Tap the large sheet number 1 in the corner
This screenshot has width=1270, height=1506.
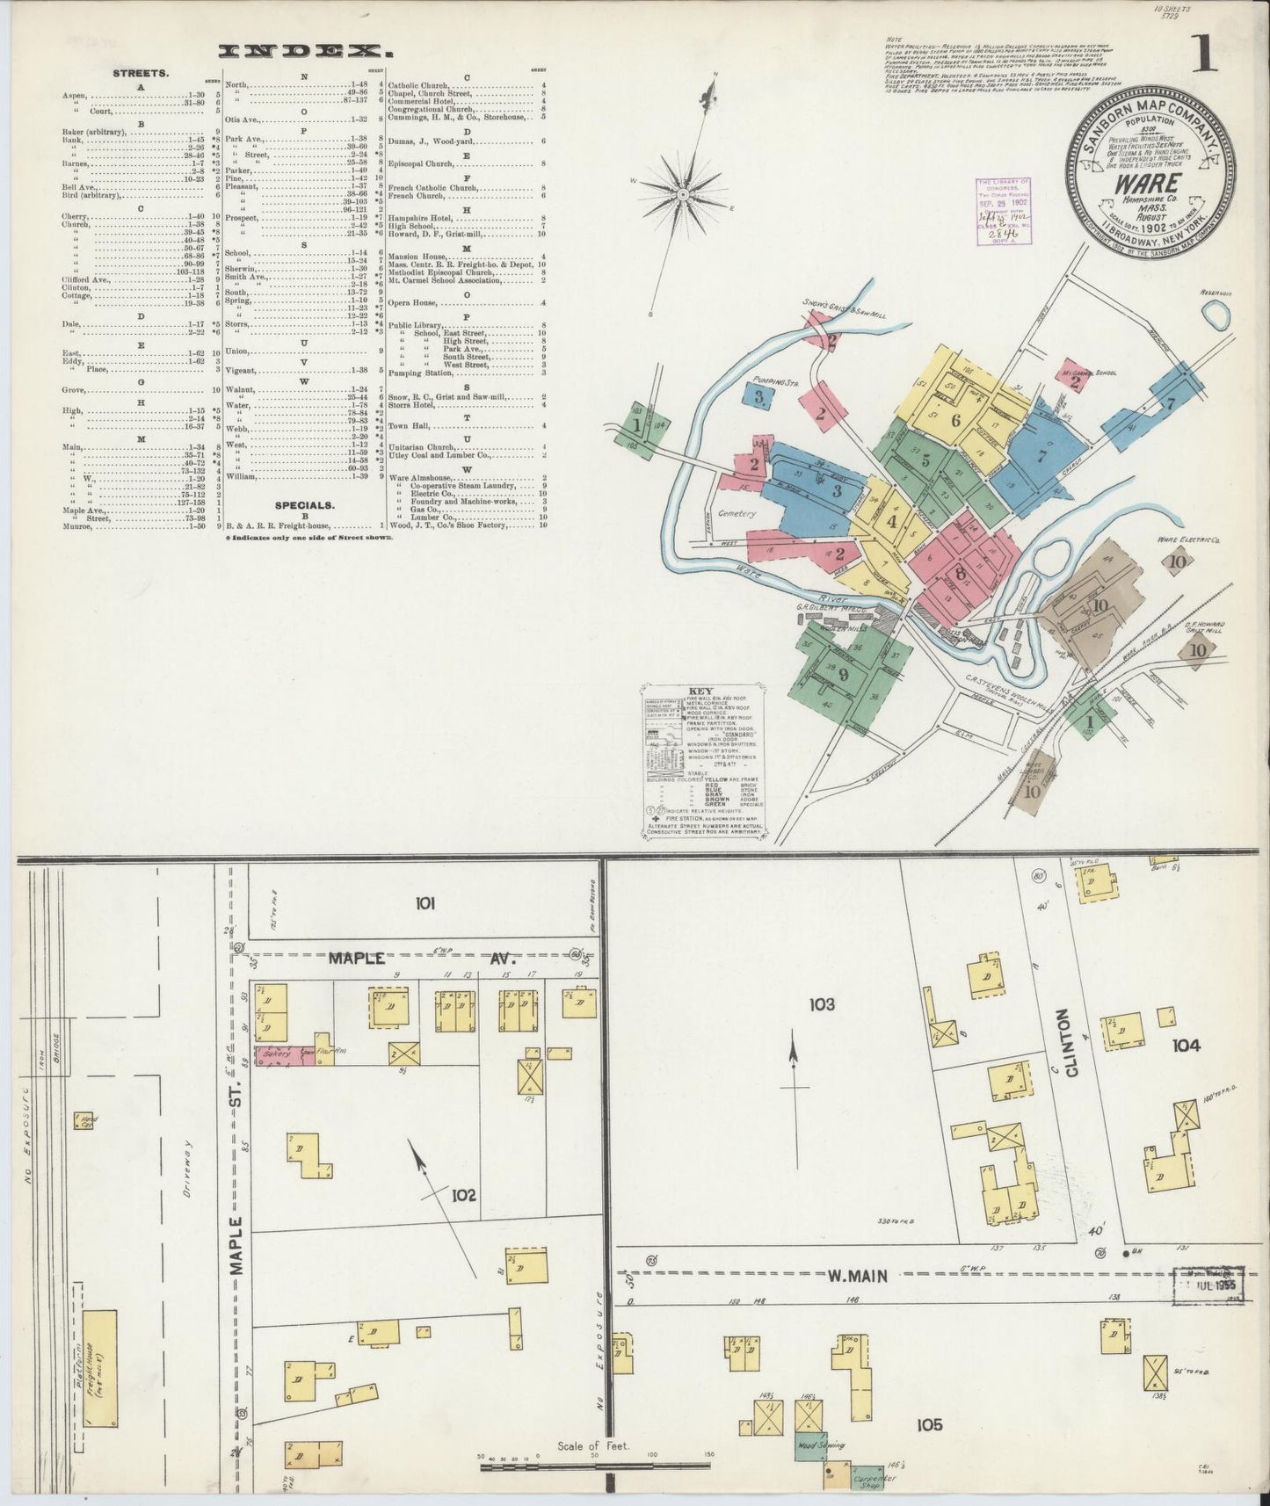pos(1202,54)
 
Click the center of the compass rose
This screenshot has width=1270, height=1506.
pos(683,192)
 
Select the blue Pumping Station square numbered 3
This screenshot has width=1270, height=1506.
pos(758,396)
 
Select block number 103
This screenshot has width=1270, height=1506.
pos(822,1003)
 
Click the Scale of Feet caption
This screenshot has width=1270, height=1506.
pos(594,1445)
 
